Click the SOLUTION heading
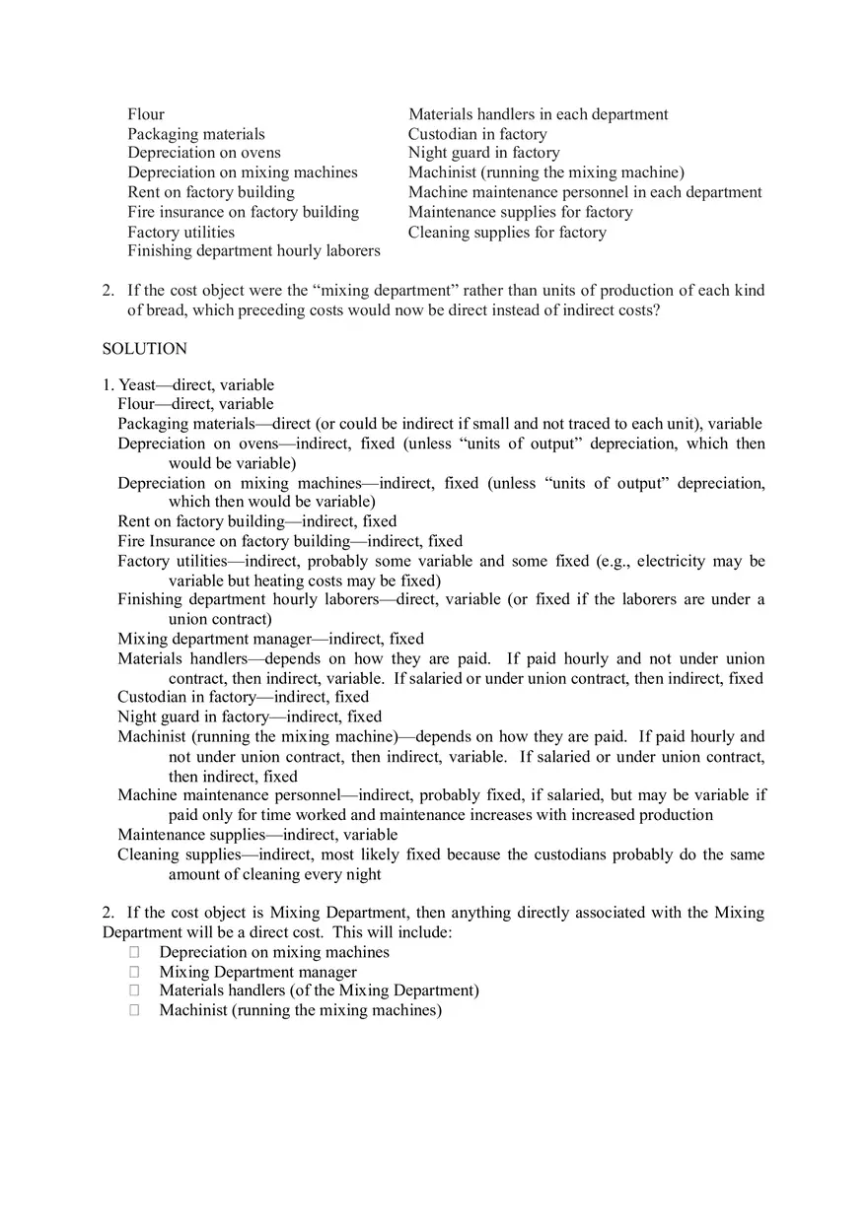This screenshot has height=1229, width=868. tap(144, 348)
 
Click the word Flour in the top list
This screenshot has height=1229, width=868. tap(146, 114)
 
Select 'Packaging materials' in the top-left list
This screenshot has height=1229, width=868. tap(196, 134)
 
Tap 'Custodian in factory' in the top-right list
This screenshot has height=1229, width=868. tap(477, 134)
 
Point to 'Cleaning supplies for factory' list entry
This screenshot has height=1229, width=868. tap(507, 232)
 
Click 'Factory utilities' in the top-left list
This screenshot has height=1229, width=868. tap(181, 232)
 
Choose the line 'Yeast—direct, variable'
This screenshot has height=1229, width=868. tap(196, 384)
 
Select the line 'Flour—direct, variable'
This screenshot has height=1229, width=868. tap(195, 403)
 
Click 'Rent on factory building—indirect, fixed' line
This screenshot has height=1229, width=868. tap(257, 521)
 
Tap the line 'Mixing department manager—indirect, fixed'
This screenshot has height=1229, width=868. tap(270, 639)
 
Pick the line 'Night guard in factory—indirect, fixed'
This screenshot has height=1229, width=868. tap(250, 717)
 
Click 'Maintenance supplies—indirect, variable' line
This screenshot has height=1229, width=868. tap(257, 834)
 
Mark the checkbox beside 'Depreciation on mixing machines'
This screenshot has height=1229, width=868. tap(134, 952)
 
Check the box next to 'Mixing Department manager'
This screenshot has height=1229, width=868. tap(134, 972)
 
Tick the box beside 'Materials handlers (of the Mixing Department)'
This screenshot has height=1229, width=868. tap(134, 990)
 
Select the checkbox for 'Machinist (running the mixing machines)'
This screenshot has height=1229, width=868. tap(134, 1010)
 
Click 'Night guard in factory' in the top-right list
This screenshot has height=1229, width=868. tap(483, 153)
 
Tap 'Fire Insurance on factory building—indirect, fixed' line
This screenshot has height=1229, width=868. tap(290, 541)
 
